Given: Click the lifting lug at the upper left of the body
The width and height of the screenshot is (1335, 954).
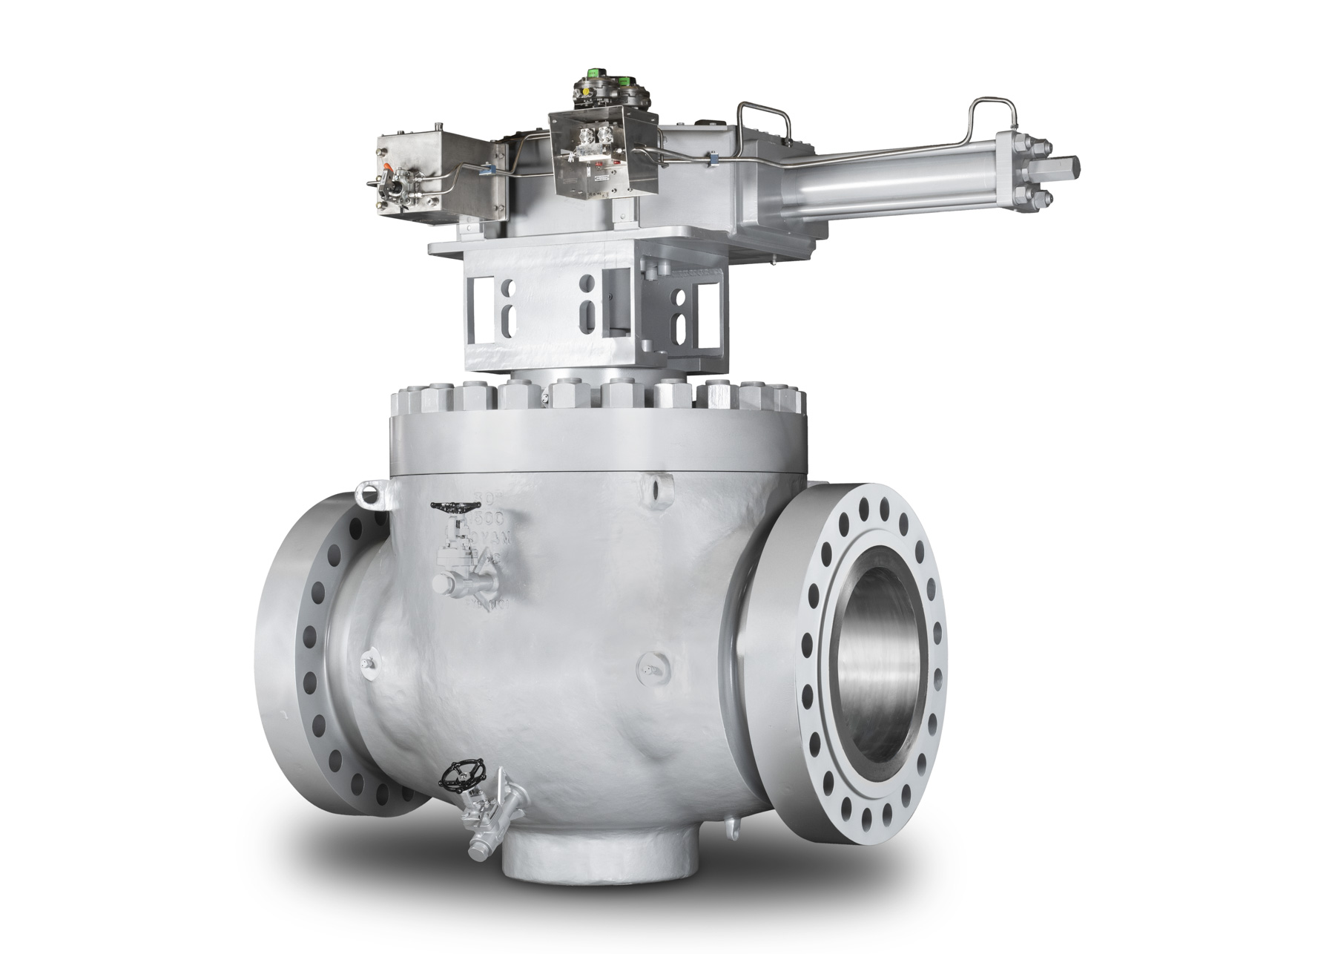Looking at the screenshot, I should point(369,492).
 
